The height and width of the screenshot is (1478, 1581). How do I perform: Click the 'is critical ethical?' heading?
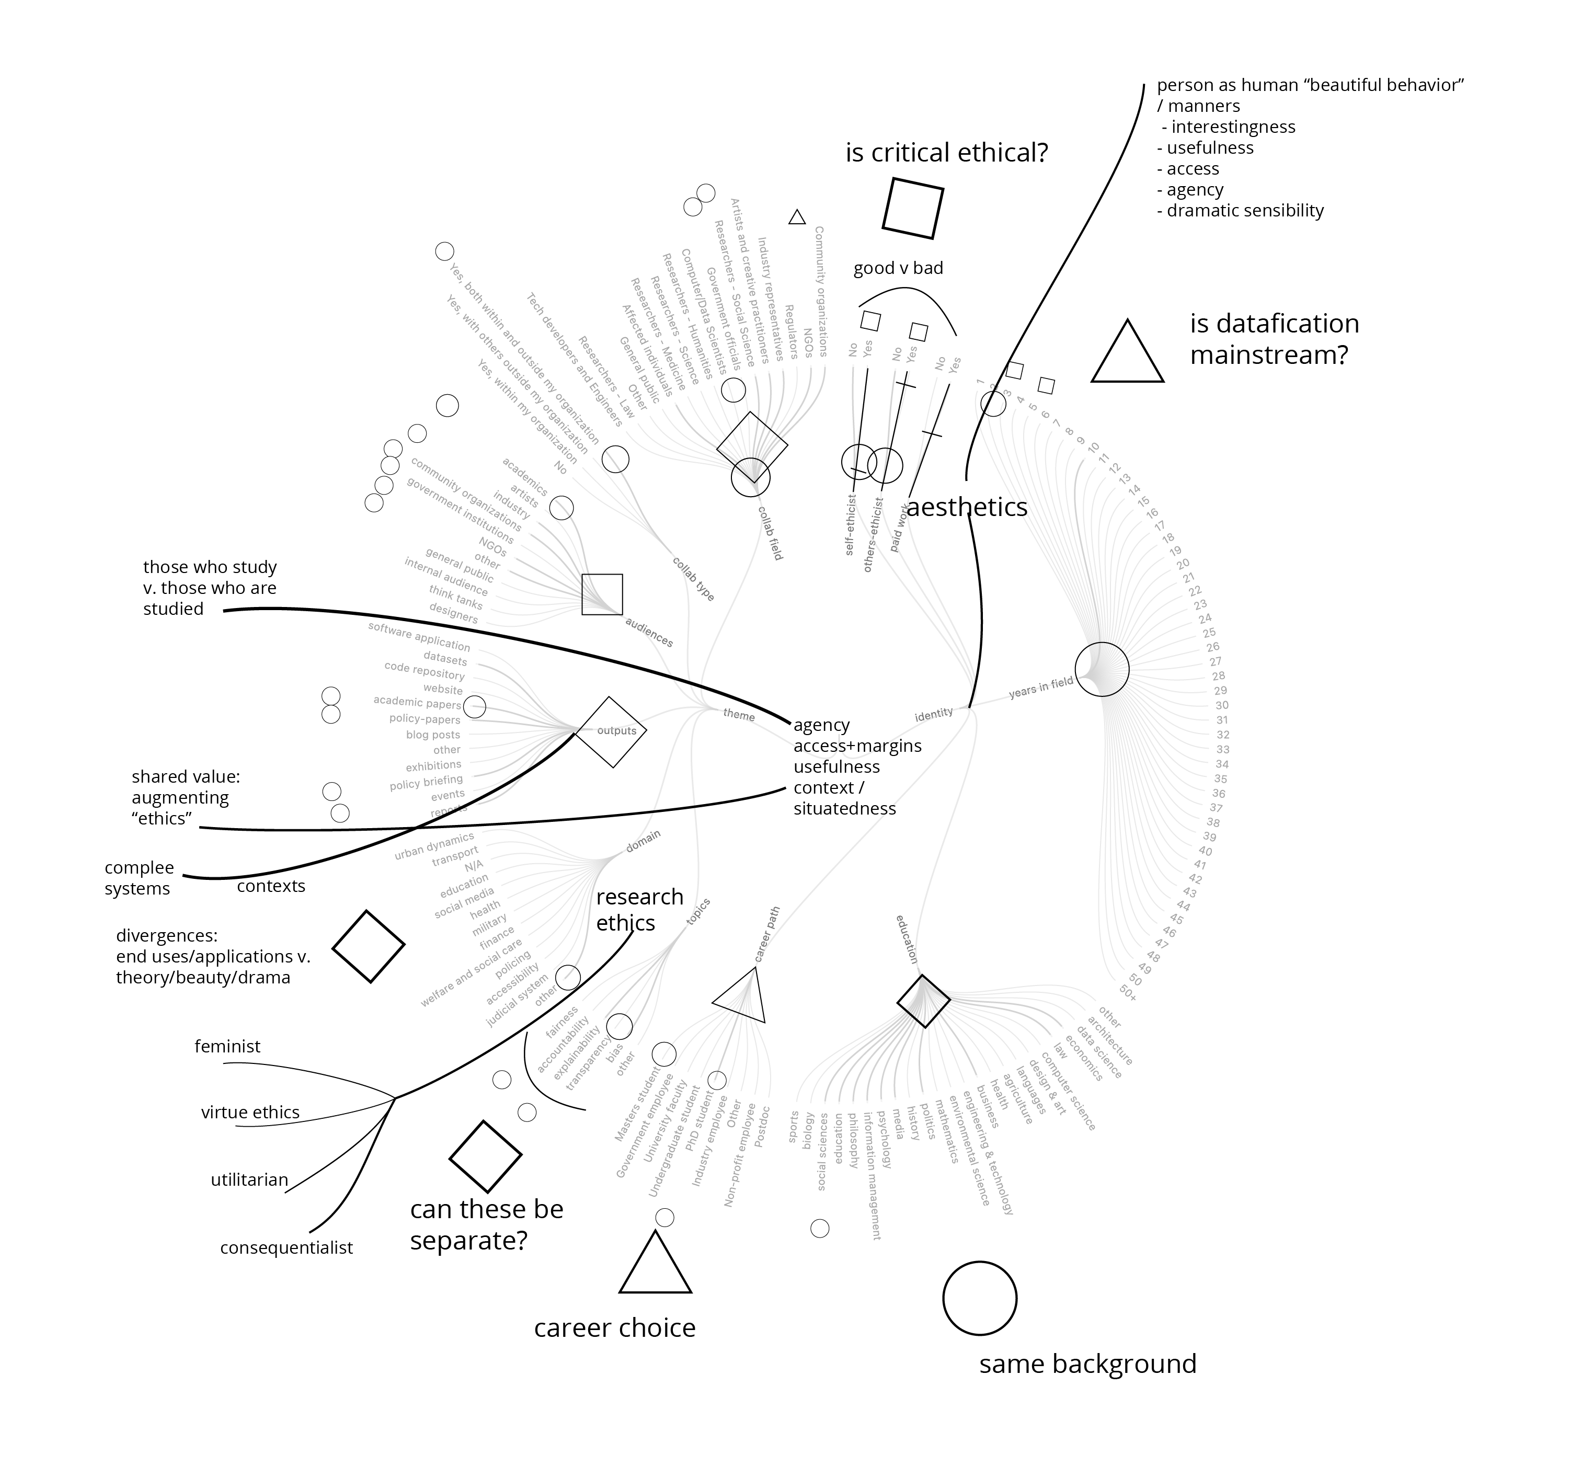point(946,152)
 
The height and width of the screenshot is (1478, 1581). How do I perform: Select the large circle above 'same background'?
point(979,1298)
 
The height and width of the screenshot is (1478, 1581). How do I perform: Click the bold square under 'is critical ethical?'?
point(913,209)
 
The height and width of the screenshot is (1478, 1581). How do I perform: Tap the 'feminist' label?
point(227,1046)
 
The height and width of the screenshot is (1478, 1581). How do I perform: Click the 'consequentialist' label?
point(287,1247)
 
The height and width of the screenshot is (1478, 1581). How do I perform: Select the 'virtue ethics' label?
point(250,1112)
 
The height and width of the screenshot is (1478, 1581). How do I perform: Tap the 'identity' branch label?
point(934,714)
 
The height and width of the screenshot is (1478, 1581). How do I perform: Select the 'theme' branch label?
point(739,714)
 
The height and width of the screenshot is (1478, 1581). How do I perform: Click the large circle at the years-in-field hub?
point(1102,669)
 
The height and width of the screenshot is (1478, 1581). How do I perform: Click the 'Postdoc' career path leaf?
point(762,1126)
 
